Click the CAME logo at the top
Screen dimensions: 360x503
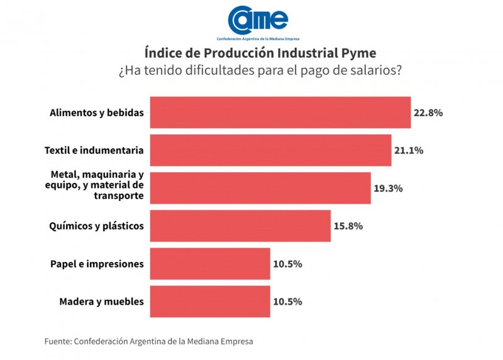click(258, 21)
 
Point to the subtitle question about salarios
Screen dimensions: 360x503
click(260, 70)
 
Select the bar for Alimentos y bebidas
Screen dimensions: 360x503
click(280, 112)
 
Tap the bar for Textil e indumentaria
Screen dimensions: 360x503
click(270, 150)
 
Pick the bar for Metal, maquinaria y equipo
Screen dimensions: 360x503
click(260, 188)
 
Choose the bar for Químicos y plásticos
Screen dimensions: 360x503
click(240, 226)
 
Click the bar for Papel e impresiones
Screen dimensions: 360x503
click(210, 264)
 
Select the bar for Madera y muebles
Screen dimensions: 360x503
click(210, 302)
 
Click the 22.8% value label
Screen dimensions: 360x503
click(428, 113)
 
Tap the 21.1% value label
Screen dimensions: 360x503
click(409, 151)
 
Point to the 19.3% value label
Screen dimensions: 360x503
click(388, 188)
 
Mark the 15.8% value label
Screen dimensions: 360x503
click(348, 226)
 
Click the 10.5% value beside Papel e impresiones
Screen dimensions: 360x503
click(287, 264)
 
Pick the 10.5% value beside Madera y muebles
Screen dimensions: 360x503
click(287, 302)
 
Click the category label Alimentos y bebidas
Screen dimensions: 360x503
click(97, 113)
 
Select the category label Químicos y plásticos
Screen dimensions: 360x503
click(97, 226)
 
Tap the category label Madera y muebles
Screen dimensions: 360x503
click(101, 302)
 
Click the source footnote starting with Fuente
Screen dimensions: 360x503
click(148, 341)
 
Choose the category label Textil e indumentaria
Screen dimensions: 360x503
click(94, 151)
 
